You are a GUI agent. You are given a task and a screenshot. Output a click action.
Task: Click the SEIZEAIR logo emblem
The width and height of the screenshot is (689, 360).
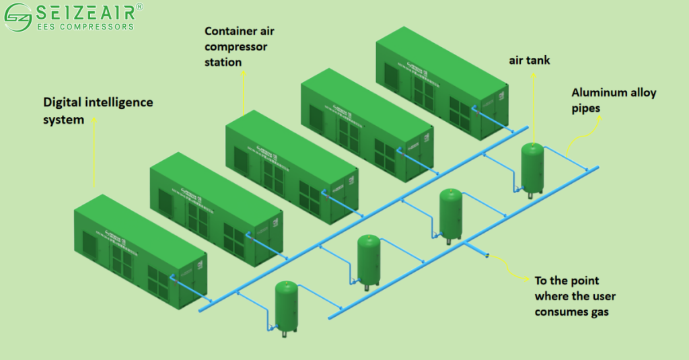coord(17,16)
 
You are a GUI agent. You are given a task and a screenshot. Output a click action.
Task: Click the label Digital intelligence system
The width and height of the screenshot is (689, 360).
coord(98,111)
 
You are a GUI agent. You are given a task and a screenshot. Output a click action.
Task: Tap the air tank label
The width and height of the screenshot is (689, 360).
coord(529,61)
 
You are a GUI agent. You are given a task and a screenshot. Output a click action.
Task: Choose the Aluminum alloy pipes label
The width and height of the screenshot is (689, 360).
coord(613,99)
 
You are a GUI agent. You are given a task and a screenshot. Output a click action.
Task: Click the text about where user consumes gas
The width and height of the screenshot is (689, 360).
coord(575,295)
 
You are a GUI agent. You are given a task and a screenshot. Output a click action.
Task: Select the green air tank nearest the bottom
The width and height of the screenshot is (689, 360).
coord(287,306)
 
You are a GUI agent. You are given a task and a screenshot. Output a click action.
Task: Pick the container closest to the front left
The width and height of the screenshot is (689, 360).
coord(138,253)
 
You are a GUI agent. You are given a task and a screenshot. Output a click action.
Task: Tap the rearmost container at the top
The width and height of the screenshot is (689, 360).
coord(441,84)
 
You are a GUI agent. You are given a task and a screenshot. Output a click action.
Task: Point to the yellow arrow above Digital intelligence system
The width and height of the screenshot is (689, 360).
coord(95,151)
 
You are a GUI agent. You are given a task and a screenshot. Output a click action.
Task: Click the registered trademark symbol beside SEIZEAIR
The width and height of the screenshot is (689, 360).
coord(139,6)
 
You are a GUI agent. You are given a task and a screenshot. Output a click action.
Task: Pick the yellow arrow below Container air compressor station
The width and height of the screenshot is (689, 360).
coord(244,91)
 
